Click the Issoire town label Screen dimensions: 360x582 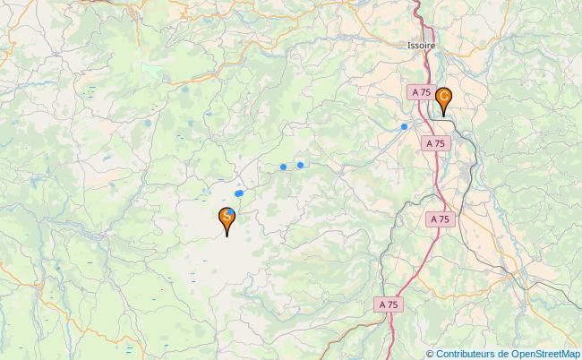pos(419,42)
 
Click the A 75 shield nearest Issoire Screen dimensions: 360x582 pos(422,92)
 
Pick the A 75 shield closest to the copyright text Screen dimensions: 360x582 pos(389,305)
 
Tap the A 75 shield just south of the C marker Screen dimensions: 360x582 pos(436,142)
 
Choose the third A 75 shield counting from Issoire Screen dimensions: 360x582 pos(439,219)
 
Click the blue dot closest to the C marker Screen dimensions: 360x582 pos(405,126)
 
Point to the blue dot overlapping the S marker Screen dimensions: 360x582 pos(231,211)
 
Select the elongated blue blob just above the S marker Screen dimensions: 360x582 pos(239,193)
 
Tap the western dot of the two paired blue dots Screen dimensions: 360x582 pos(283,167)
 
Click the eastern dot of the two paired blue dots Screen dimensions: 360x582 pos(300,165)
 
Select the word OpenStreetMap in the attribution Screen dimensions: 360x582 pos(546,353)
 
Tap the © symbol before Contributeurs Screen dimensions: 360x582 pos(431,353)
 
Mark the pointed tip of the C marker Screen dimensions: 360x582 pos(443,117)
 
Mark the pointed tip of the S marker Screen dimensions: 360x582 pos(227,236)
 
